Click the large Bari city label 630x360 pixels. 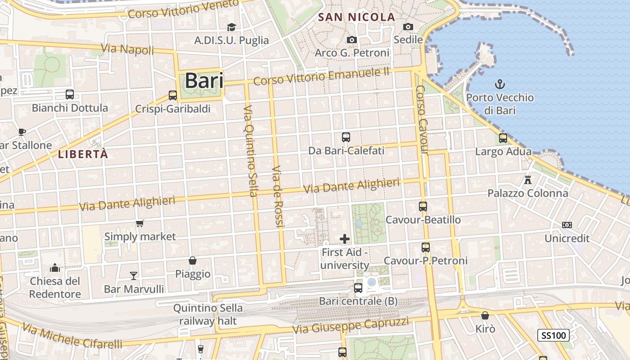pos(204,81)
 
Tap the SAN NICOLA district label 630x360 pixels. pos(356,18)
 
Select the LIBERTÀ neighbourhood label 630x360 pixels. pos(83,154)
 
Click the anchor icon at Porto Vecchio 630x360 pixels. pos(499,84)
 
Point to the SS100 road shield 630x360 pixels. pos(553,335)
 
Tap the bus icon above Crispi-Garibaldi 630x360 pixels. pos(173,95)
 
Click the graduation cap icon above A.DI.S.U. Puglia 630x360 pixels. pos(231,27)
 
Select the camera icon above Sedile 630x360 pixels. pos(408,27)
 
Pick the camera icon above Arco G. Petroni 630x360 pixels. pos(352,40)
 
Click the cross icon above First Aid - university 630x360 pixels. pos(345,239)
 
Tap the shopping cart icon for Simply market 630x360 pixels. pos(140,223)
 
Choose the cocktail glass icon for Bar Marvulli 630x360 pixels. pos(134,275)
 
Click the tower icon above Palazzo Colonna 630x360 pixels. pos(528,180)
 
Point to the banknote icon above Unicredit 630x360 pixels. pos(567,225)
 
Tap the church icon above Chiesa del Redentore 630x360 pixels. pos(55,268)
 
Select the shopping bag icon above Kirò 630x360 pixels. pos(485,315)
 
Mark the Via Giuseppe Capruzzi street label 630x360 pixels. pos(351,325)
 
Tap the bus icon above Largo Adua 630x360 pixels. pos(503,138)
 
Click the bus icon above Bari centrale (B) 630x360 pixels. pos(358,288)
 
